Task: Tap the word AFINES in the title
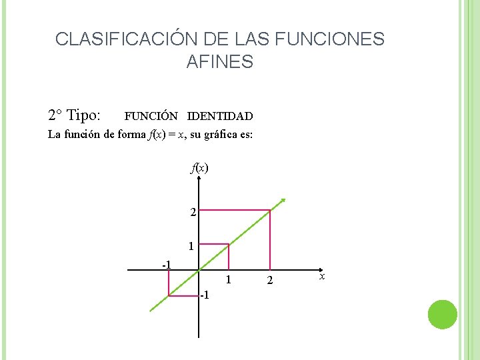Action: tap(220, 63)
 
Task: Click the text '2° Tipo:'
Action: tap(75, 115)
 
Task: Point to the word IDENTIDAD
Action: tap(220, 117)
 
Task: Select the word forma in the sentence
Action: tap(130, 135)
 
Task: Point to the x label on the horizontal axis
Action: tap(322, 275)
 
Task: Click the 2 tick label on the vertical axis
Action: tap(192, 213)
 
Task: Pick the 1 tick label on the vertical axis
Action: tap(191, 246)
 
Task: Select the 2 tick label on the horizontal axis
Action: tap(270, 281)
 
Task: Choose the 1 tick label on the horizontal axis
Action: tap(227, 279)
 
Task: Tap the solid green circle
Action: tap(442, 314)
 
